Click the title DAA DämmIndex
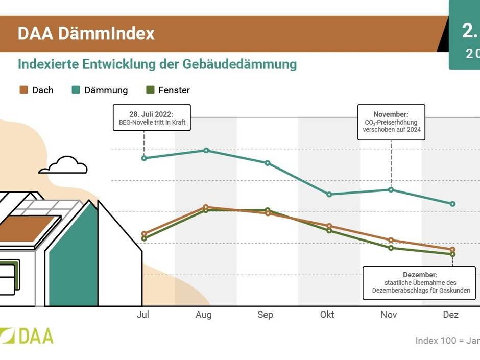point(86,34)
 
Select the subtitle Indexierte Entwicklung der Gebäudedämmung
point(157,65)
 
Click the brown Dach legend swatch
point(23,90)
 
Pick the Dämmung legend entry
point(100,90)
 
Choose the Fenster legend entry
point(168,90)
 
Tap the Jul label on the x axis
point(143,315)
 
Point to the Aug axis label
point(204,315)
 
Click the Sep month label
point(266,315)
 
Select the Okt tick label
point(327,315)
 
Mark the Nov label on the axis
point(389,315)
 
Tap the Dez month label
point(451,315)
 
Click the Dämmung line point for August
point(206,150)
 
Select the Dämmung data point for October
point(329,195)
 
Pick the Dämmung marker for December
point(452,204)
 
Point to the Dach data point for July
point(144,234)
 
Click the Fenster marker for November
point(391,248)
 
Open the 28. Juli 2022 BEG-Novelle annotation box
point(152,118)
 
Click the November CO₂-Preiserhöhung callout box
point(391,122)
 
